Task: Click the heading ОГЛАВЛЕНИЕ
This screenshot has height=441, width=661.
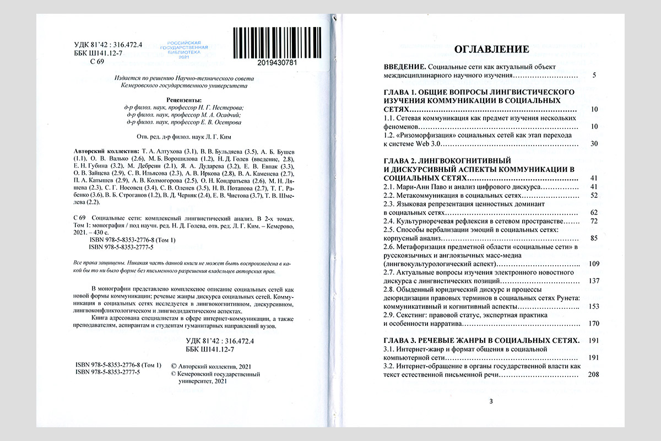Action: [491, 49]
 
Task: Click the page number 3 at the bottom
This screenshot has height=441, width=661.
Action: [491, 401]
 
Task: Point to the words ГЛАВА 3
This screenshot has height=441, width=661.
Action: [402, 340]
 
